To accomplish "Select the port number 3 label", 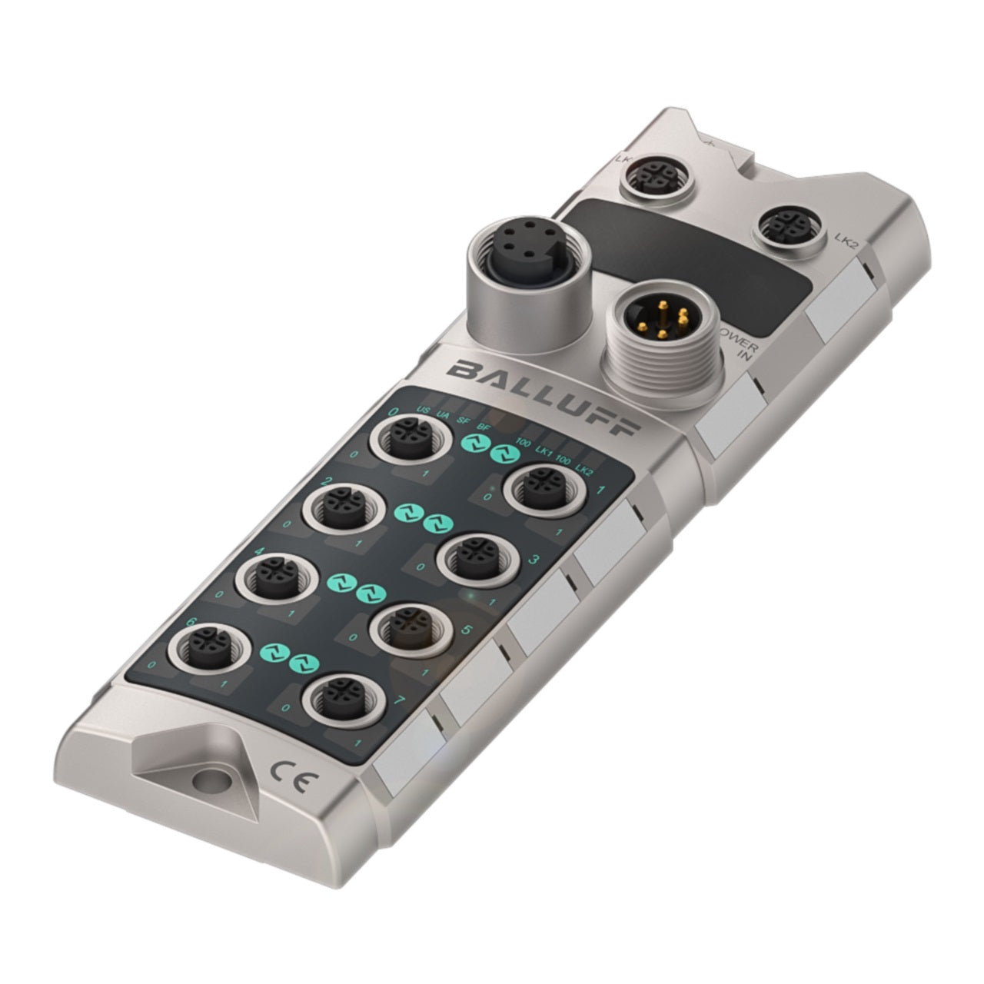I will pyautogui.click(x=534, y=559).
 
